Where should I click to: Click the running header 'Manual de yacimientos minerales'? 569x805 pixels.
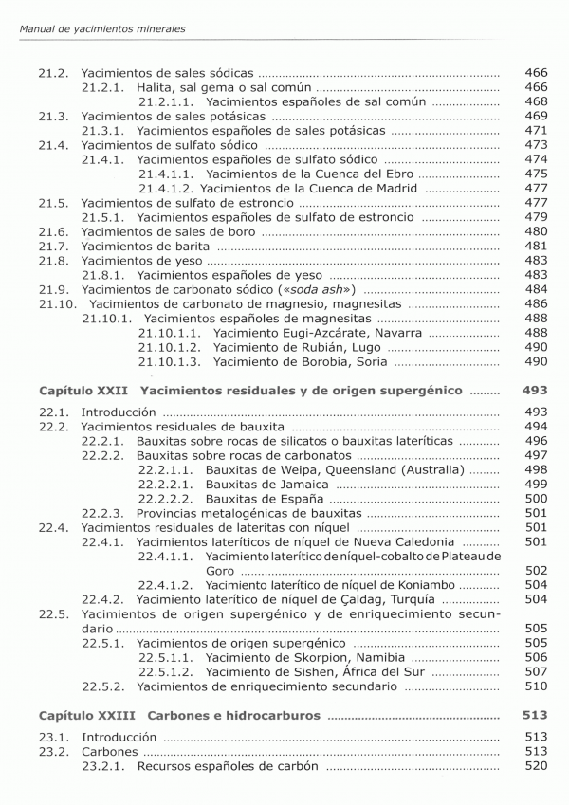point(102,29)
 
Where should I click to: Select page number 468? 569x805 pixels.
point(536,101)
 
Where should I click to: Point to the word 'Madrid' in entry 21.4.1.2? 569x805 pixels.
point(395,189)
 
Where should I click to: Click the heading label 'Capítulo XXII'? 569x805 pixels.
point(83,391)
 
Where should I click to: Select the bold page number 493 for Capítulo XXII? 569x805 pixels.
point(536,391)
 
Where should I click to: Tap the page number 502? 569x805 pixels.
point(536,570)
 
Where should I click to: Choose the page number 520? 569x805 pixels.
point(536,765)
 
